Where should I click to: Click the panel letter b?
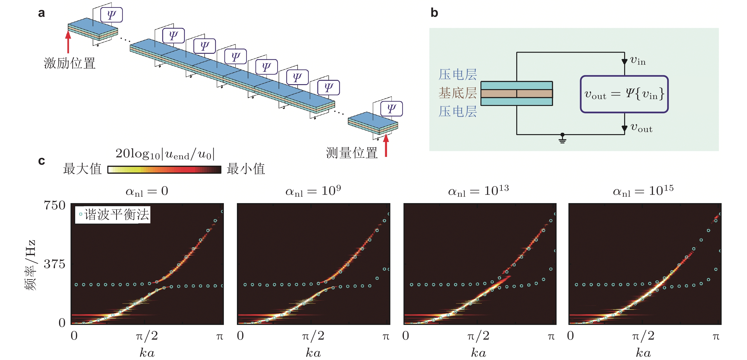(434, 13)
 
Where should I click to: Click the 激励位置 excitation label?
(69, 63)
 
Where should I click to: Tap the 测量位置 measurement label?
(351, 153)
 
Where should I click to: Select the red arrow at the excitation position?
(68, 42)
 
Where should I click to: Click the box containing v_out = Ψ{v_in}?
(624, 94)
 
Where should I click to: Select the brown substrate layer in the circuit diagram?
(516, 93)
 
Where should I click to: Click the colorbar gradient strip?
(164, 169)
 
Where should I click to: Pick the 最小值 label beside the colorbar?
(246, 169)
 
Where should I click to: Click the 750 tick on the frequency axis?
(55, 205)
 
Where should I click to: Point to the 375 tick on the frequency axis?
(55, 264)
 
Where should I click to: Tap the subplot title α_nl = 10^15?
(643, 191)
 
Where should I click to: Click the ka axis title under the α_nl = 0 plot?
(147, 353)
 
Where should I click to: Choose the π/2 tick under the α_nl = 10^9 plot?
(313, 336)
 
